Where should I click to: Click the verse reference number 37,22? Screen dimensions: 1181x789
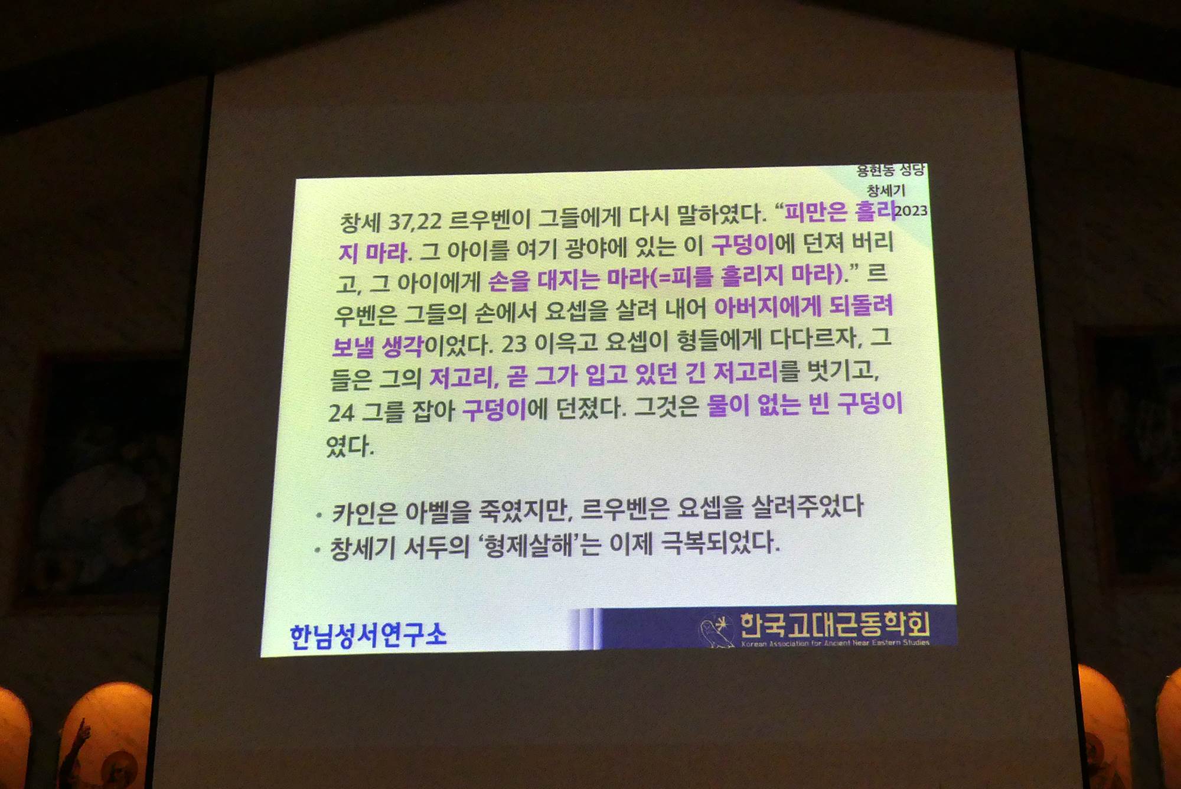click(x=415, y=221)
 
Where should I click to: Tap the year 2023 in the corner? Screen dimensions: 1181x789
click(x=911, y=211)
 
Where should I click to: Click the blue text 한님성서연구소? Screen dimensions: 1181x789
click(x=368, y=635)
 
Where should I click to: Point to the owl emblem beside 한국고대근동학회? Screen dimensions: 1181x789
click(x=716, y=631)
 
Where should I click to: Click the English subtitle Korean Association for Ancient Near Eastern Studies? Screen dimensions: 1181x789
click(x=835, y=643)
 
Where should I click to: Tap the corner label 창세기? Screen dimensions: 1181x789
click(x=886, y=190)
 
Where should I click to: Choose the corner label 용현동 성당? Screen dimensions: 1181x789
click(x=890, y=171)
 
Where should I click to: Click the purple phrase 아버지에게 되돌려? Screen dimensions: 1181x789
click(x=804, y=306)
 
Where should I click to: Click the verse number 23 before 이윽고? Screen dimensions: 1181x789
click(x=514, y=343)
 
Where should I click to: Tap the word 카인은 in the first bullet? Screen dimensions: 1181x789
click(x=364, y=513)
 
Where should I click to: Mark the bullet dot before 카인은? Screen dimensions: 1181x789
click(x=319, y=516)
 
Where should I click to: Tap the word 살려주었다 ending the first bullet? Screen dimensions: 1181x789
click(x=807, y=506)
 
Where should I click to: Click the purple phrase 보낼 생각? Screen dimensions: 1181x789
click(x=377, y=346)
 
